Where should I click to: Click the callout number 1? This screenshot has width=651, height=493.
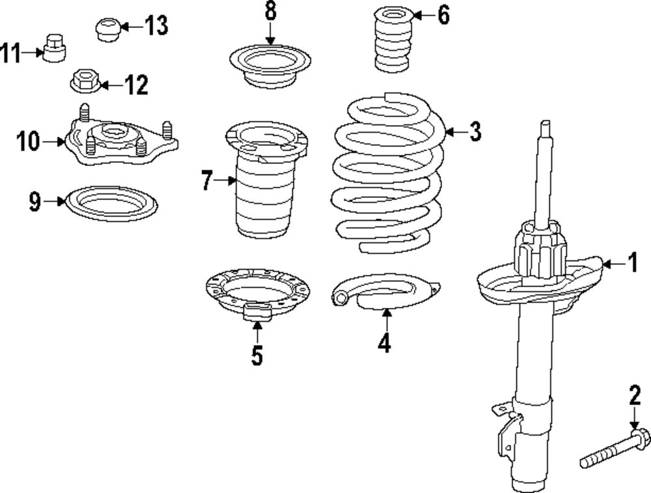(x=631, y=263)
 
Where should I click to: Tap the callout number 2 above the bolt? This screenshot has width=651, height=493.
(x=635, y=395)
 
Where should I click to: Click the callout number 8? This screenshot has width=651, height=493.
(x=270, y=12)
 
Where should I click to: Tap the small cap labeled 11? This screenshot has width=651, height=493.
(x=52, y=49)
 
